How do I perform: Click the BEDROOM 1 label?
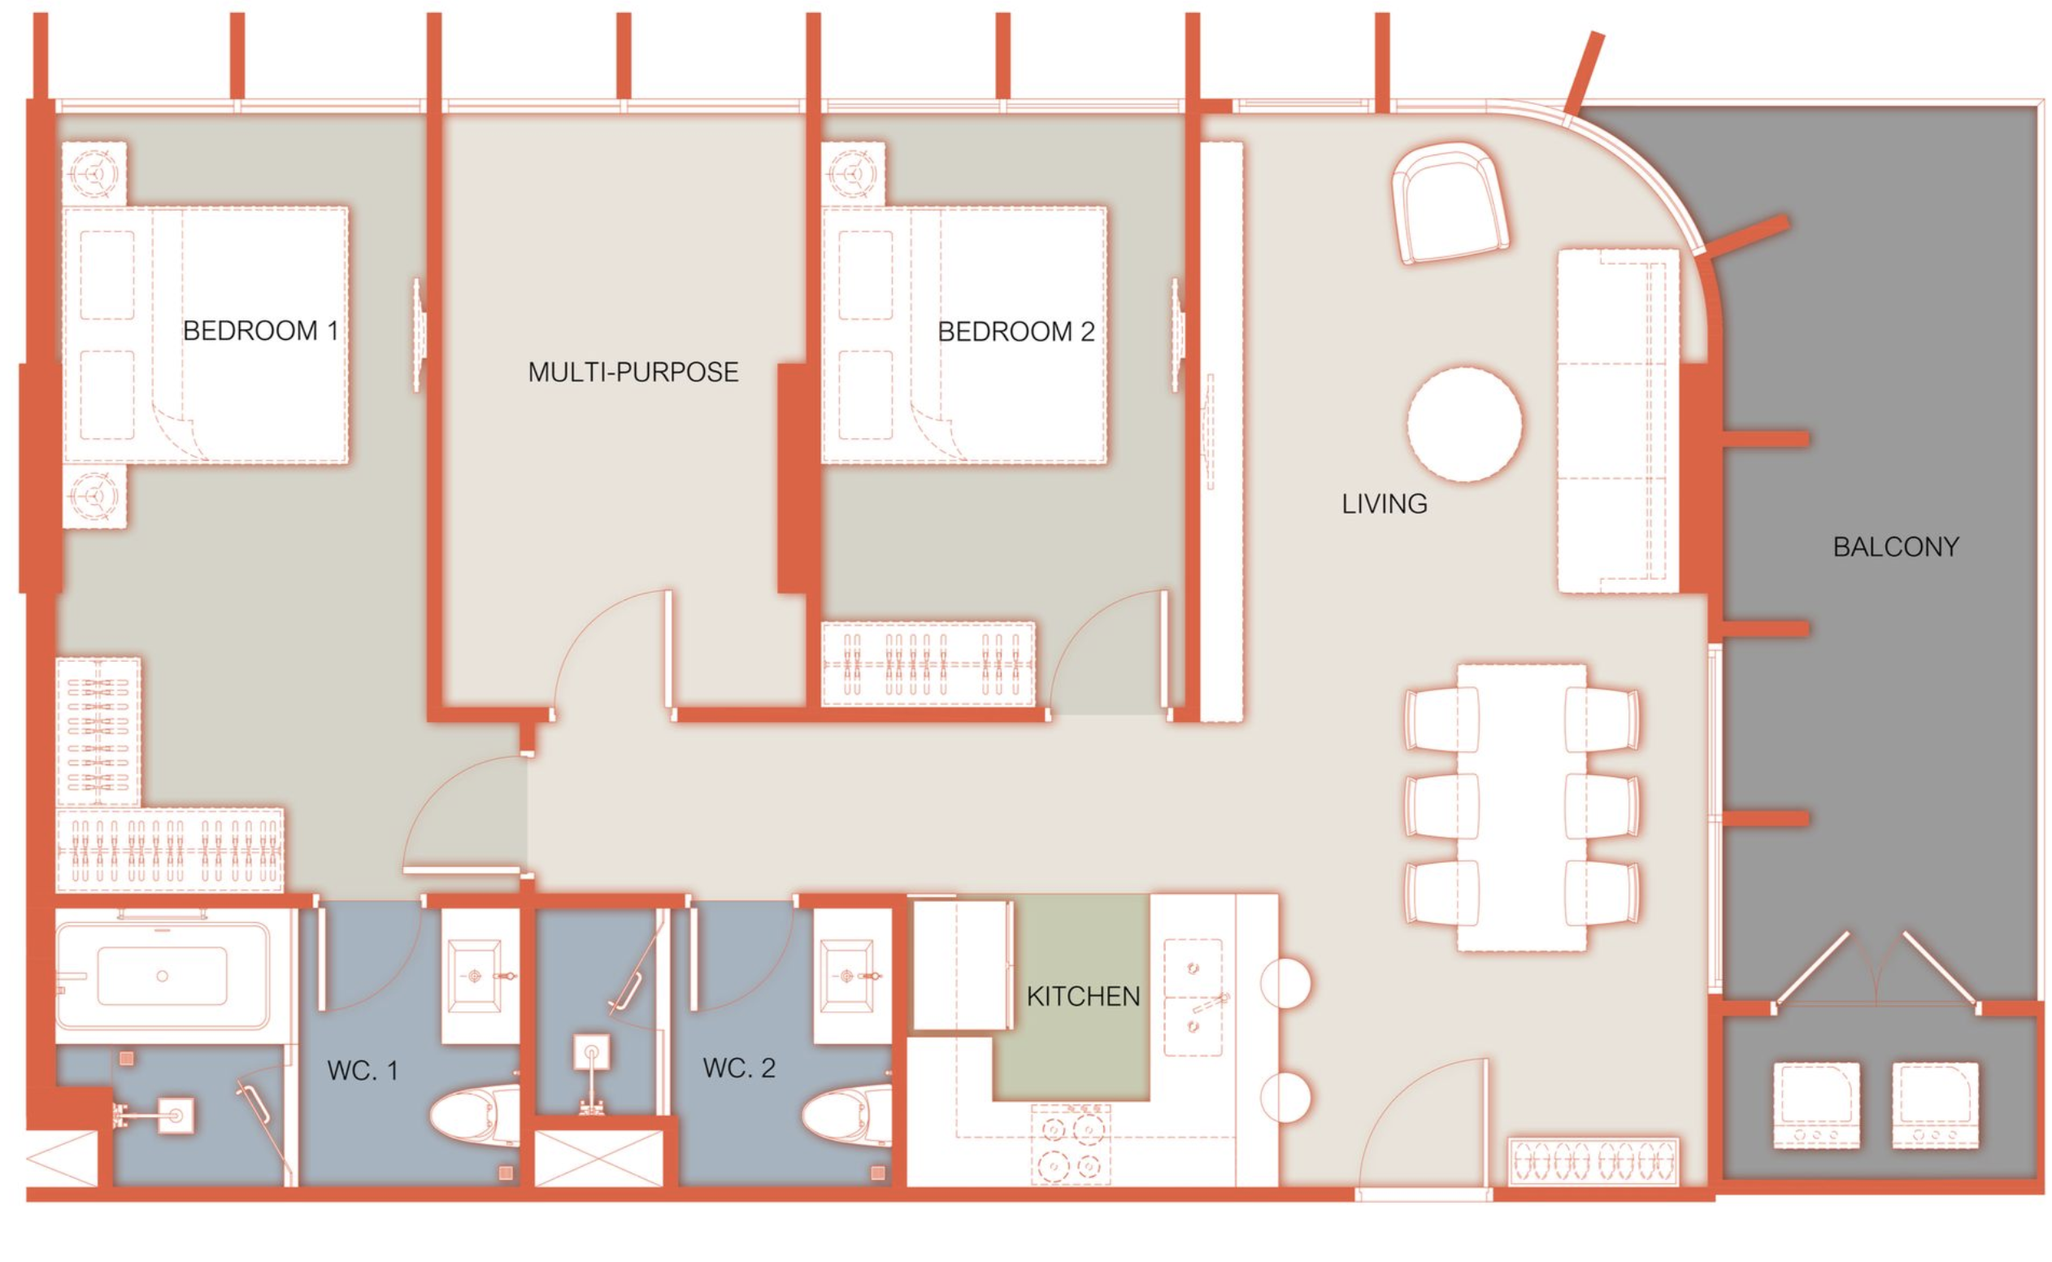click(x=260, y=332)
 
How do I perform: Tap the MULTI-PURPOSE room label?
click(x=633, y=372)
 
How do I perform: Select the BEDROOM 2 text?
click(x=1015, y=333)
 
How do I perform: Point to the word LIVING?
click(x=1385, y=504)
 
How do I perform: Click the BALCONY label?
click(x=1896, y=547)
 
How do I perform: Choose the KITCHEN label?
click(x=1083, y=997)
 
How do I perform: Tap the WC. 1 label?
click(x=363, y=1071)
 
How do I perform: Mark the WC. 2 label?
click(x=739, y=1068)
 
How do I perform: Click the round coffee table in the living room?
click(x=1464, y=424)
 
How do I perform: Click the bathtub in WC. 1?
click(x=163, y=977)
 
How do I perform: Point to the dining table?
click(x=1521, y=807)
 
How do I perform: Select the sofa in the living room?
click(x=1617, y=421)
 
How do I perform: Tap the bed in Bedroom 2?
click(x=964, y=336)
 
